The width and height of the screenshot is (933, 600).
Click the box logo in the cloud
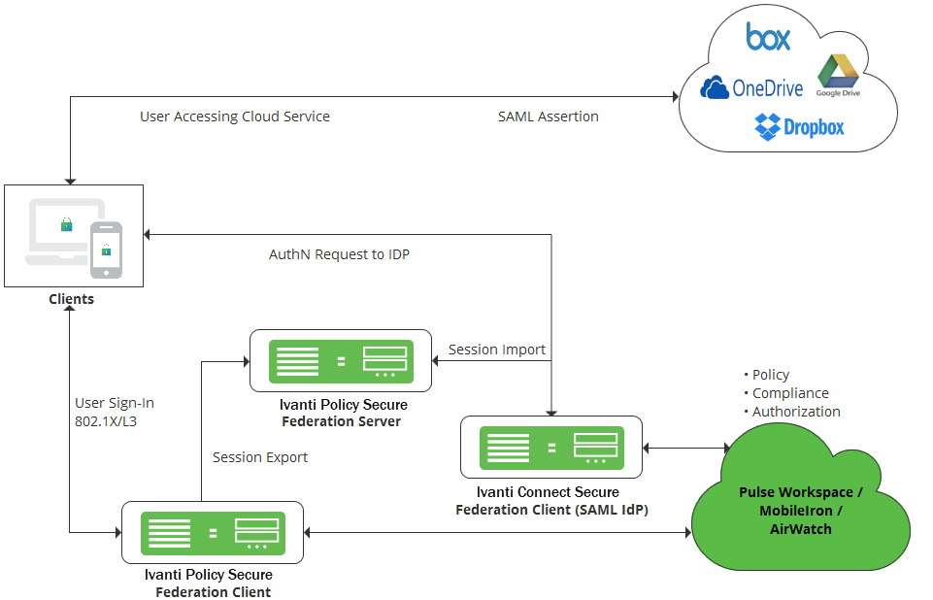pos(768,36)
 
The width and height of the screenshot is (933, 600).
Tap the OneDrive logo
pos(751,88)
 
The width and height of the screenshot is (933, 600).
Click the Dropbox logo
pos(799,127)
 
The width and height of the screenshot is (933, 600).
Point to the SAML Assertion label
pos(548,117)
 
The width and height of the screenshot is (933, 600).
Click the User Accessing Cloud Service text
pos(234,117)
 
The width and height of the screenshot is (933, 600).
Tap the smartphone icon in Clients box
pos(106,250)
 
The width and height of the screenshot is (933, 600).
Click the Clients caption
pos(72,299)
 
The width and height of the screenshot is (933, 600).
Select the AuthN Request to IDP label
pos(339,254)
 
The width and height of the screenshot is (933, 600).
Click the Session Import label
pos(497,350)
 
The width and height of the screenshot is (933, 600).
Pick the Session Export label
pos(260,457)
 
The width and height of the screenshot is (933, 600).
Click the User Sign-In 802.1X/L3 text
pos(115,412)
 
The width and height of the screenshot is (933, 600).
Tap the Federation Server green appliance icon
pos(341,361)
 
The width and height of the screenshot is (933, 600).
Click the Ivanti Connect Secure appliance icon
pos(551,448)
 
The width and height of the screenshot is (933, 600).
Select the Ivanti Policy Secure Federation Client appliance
pos(213,533)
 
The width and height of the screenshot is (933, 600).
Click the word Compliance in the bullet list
pos(790,393)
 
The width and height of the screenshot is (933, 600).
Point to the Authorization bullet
pos(792,412)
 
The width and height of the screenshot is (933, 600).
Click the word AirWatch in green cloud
pos(800,529)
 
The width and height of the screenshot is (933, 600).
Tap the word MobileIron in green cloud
pos(796,511)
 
